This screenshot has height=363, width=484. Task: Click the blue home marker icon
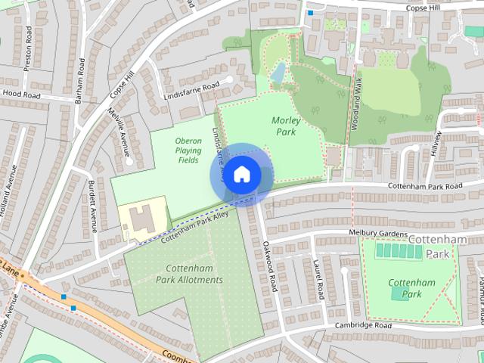241,175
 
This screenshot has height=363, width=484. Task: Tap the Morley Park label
286,126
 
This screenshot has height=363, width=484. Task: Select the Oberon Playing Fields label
188,150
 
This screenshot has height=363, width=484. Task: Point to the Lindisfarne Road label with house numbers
191,91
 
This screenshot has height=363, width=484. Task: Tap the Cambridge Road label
364,325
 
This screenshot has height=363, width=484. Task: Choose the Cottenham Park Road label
425,186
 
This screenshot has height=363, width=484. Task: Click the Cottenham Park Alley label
194,225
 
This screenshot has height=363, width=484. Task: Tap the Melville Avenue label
118,129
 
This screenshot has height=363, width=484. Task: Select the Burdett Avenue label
93,206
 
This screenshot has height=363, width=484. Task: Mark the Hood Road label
21,95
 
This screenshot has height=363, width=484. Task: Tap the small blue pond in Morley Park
278,73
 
